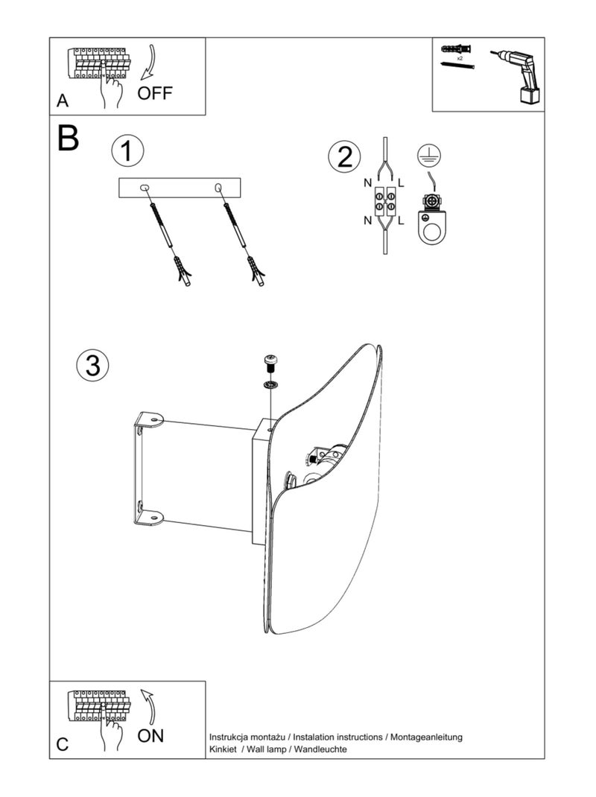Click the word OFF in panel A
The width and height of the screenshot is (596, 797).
pyautogui.click(x=155, y=93)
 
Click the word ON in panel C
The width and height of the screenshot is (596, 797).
pyautogui.click(x=151, y=736)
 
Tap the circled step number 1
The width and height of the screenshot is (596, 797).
pyautogui.click(x=127, y=151)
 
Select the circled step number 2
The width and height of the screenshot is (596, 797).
pyautogui.click(x=344, y=157)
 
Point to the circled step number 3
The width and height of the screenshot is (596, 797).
pyautogui.click(x=92, y=365)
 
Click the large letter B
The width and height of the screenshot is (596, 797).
pyautogui.click(x=68, y=139)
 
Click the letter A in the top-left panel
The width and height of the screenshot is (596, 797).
pyautogui.click(x=62, y=101)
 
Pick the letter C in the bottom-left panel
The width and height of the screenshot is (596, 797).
pyautogui.click(x=63, y=743)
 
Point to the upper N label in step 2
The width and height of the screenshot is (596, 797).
pyautogui.click(x=368, y=182)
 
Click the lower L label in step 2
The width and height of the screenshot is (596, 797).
pyautogui.click(x=401, y=220)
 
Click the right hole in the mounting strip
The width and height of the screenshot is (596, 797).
pyautogui.click(x=218, y=185)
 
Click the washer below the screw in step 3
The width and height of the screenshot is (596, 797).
pyautogui.click(x=269, y=384)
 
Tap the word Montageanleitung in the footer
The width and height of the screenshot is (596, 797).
pyautogui.click(x=427, y=737)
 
